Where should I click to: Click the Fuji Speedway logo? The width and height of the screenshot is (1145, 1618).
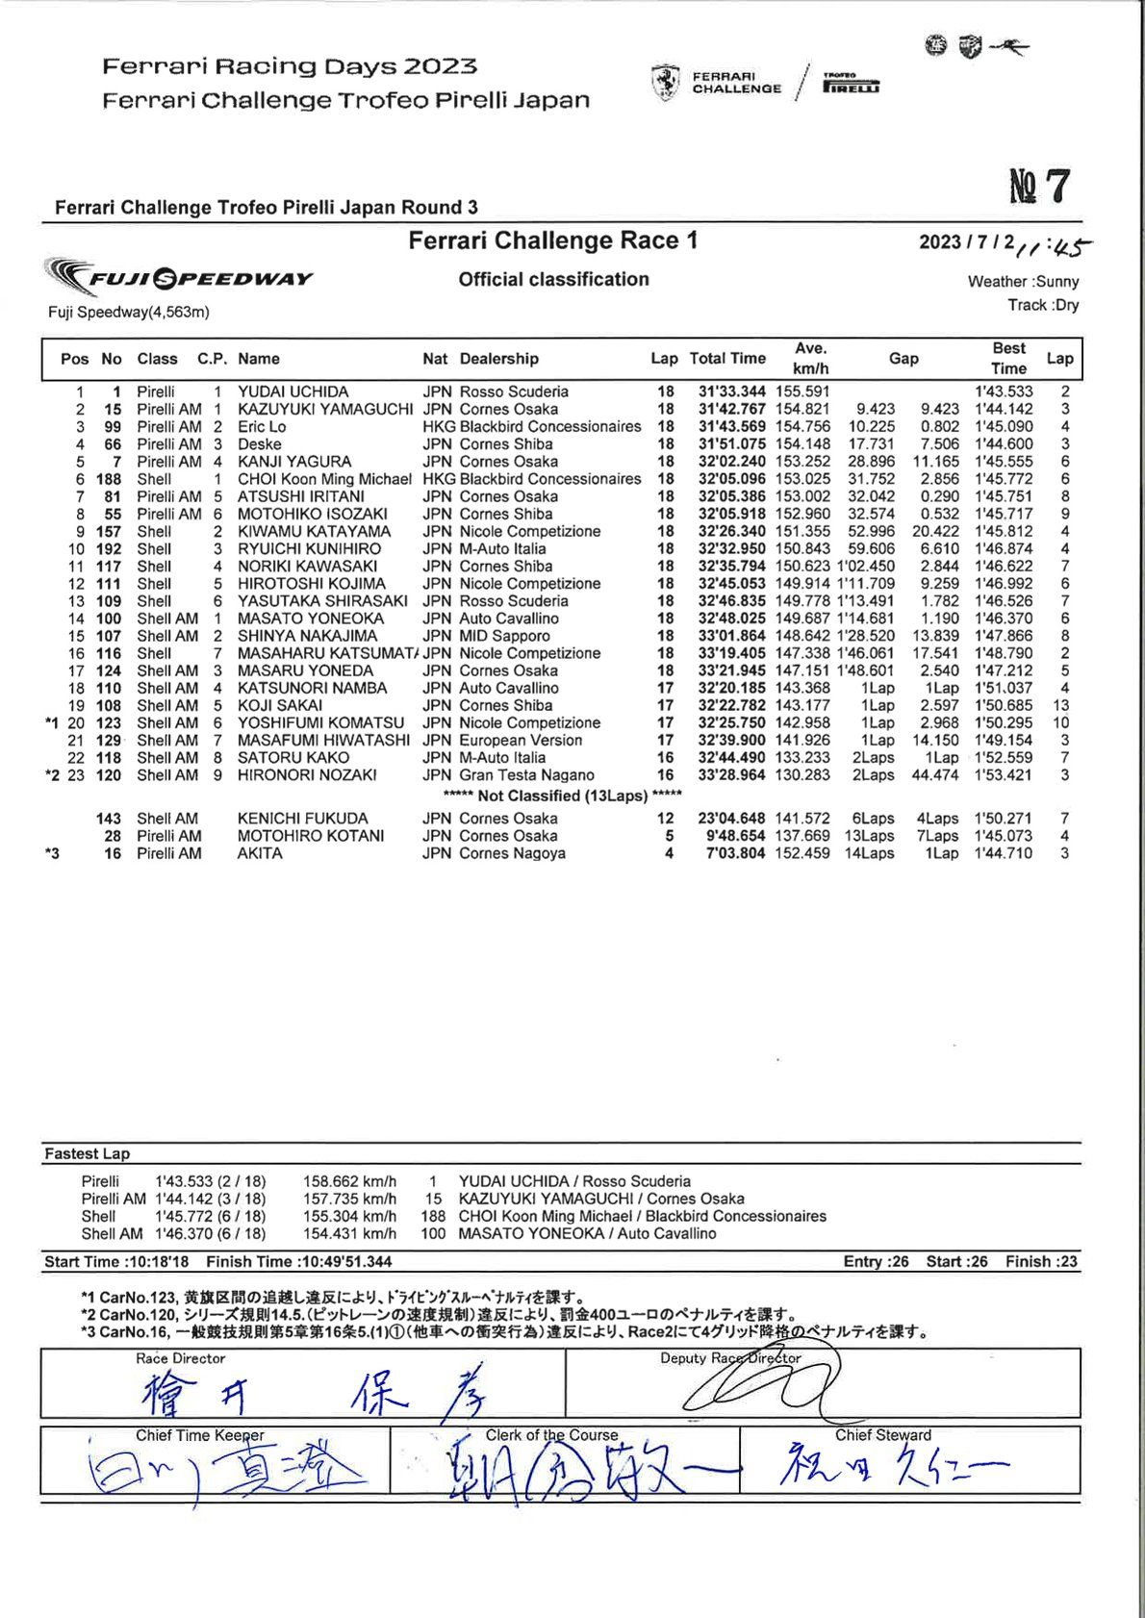click(179, 278)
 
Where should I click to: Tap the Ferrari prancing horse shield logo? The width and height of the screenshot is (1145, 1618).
click(665, 83)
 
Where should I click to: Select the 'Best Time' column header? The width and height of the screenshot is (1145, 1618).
click(1008, 358)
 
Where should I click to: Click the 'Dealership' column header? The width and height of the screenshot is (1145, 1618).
click(498, 359)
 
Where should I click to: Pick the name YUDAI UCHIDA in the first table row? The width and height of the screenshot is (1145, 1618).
click(293, 392)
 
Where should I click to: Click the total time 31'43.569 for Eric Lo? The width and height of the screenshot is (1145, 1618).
click(731, 426)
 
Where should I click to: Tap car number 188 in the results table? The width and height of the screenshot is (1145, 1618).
click(109, 479)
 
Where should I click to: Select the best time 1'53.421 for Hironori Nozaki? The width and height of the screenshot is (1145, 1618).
click(1003, 775)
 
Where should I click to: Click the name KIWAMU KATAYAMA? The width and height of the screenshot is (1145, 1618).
click(314, 531)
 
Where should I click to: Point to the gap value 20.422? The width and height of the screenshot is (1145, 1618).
click(935, 531)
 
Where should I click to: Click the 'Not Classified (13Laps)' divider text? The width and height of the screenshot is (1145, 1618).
click(563, 796)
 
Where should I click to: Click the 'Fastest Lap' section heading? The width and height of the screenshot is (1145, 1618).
click(87, 1153)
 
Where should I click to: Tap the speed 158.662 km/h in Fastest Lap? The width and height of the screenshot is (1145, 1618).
click(349, 1181)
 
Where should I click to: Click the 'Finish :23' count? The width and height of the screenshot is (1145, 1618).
click(1041, 1261)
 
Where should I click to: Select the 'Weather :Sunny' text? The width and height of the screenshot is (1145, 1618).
click(1023, 282)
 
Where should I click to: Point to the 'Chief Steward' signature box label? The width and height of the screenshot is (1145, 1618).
click(882, 1434)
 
